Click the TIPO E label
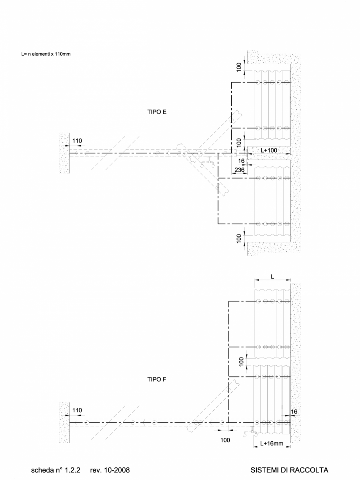point(157,112)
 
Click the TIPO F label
point(157,379)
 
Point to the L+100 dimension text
point(268,150)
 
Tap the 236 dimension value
point(239,170)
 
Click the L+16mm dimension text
point(272,444)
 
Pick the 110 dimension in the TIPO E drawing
point(77,141)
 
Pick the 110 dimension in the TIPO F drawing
point(77,410)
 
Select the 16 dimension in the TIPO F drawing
point(294,412)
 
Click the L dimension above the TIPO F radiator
point(272,276)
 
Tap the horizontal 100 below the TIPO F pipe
point(225,440)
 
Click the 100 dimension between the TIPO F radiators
point(242,361)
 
